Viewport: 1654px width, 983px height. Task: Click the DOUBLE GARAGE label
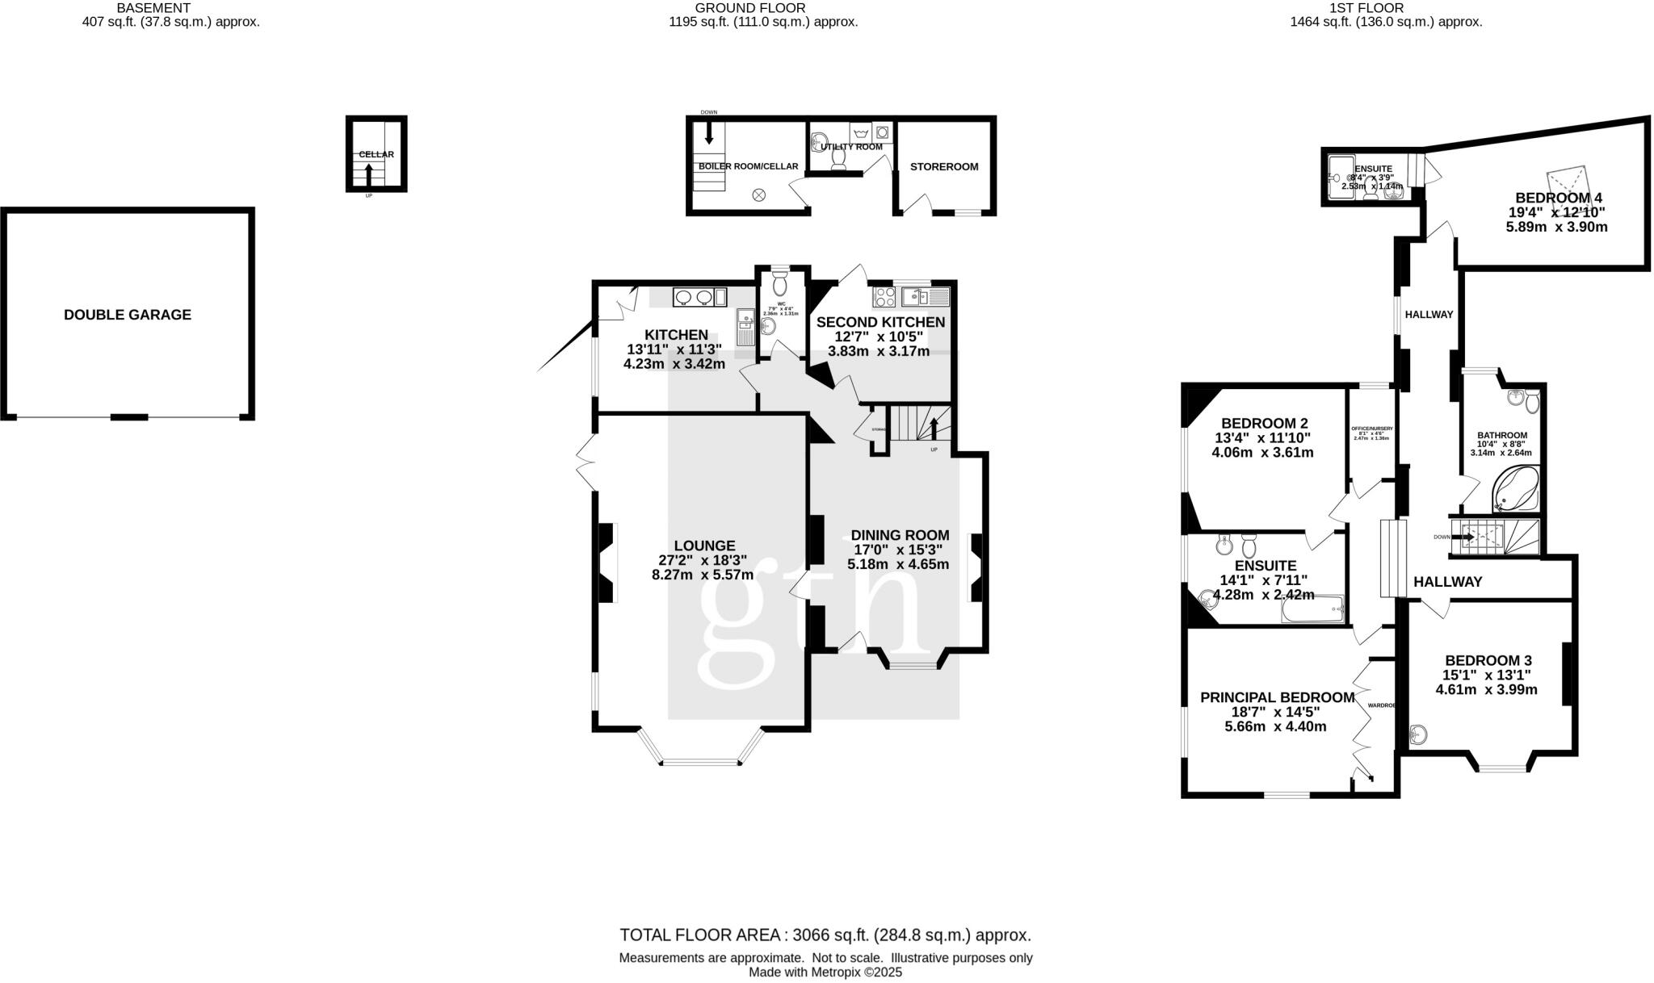tap(128, 315)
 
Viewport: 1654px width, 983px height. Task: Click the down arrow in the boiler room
tap(709, 132)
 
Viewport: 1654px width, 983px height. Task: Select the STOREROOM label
tap(943, 167)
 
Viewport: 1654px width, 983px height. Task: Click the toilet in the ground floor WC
tap(779, 284)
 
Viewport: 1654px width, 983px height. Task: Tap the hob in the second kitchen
tap(884, 297)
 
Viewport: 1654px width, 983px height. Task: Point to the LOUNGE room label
tap(704, 546)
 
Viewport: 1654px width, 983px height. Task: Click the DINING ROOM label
tap(900, 536)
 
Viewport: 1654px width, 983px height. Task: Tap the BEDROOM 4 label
tap(1558, 198)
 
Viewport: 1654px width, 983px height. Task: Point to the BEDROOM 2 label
tap(1264, 424)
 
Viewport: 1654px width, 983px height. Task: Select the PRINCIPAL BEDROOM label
tap(1277, 697)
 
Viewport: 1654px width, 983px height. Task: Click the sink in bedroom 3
tap(1418, 734)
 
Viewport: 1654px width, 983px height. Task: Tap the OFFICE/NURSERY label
tap(1371, 429)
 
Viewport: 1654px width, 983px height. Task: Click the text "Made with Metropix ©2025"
tap(825, 973)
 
